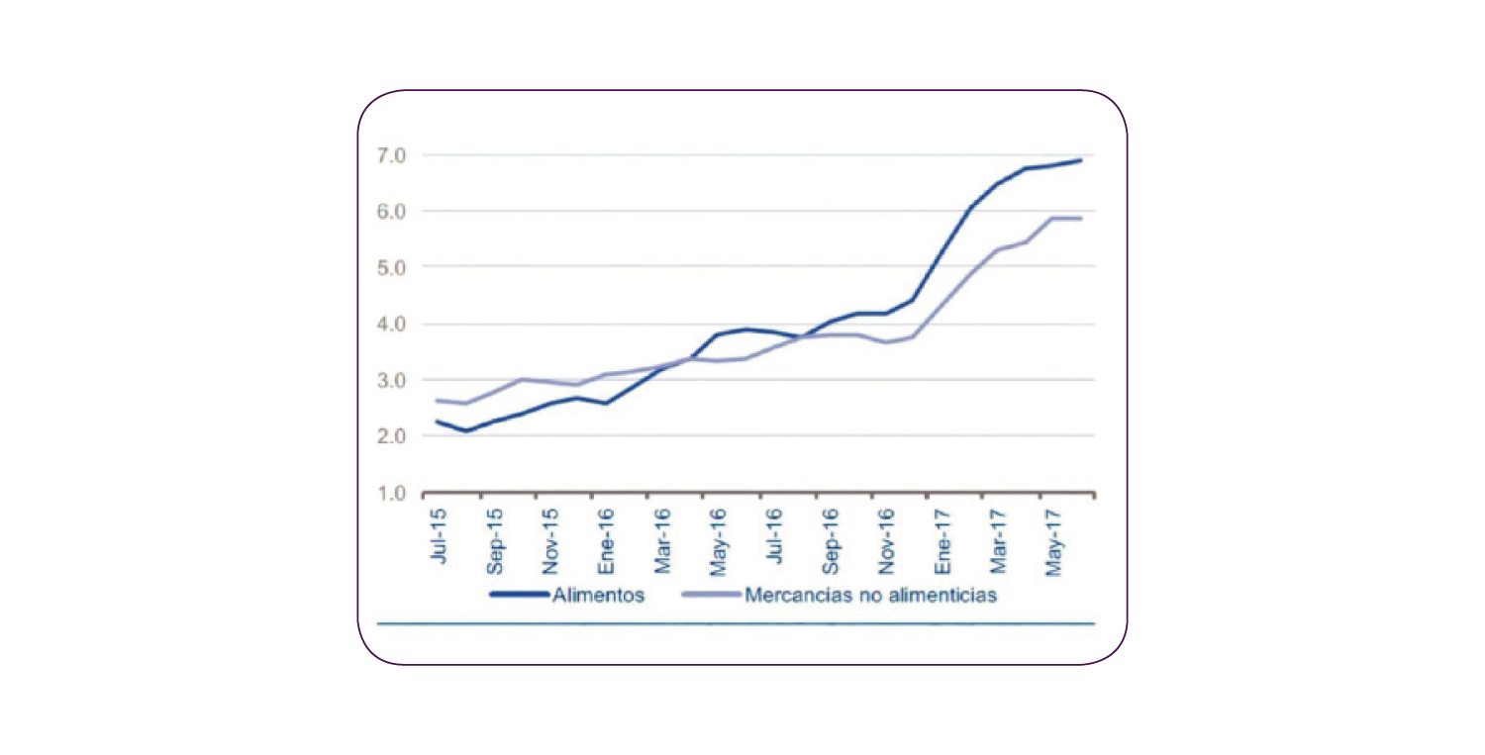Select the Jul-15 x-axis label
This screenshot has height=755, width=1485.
(439, 535)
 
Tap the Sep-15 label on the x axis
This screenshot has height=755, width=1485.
(495, 541)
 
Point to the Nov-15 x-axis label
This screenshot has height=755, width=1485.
(551, 541)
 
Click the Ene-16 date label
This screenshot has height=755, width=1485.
(607, 541)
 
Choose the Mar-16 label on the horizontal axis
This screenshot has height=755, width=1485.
(663, 541)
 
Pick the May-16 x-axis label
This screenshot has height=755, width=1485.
(720, 541)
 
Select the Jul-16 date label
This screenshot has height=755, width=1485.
(775, 535)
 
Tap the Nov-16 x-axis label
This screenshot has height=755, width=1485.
(887, 541)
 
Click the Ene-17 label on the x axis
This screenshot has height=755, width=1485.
(943, 541)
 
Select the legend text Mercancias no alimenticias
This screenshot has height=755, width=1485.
(869, 596)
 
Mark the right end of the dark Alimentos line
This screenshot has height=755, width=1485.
(1081, 160)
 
